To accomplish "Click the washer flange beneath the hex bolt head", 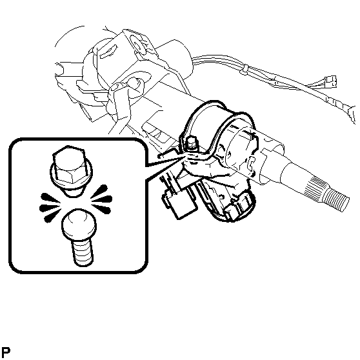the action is tap(72, 177).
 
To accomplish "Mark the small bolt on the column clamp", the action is tap(191, 143).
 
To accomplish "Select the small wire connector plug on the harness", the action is tap(330, 81).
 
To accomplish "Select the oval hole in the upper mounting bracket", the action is tap(137, 43).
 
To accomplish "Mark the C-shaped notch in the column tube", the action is tap(251, 163).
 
